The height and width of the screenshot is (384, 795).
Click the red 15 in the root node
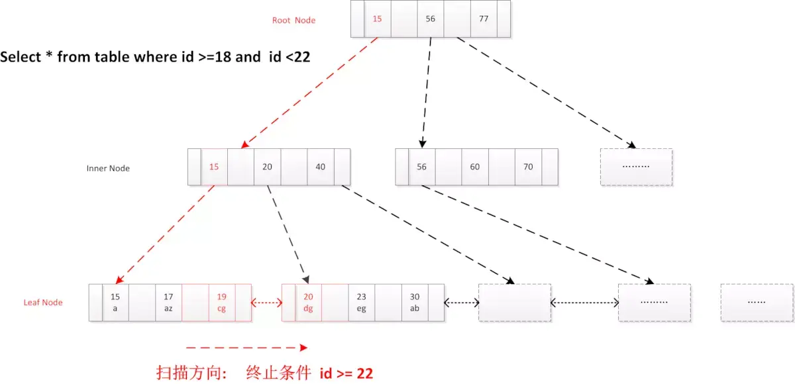[x=377, y=19]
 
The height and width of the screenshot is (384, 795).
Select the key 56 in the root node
[x=431, y=19]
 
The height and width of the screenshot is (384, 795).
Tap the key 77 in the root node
[x=484, y=19]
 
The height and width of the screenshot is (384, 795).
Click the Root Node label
[x=293, y=21]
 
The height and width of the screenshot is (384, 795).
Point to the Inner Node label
[x=108, y=168]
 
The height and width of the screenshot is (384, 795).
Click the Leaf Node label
[x=43, y=303]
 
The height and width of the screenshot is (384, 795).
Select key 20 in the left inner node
[x=267, y=167]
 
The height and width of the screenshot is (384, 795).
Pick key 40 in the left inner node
[x=321, y=167]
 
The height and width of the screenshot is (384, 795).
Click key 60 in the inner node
[x=475, y=167]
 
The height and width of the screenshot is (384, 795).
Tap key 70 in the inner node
[x=528, y=167]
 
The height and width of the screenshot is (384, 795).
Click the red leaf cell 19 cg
[x=221, y=303]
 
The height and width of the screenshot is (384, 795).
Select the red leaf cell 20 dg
[x=308, y=303]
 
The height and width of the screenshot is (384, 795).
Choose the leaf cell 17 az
[x=168, y=303]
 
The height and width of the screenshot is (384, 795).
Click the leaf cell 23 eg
[x=361, y=303]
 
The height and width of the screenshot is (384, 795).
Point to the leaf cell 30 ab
[x=415, y=303]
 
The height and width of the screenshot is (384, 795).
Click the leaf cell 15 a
[x=115, y=303]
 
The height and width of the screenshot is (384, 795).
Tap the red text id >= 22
[x=346, y=373]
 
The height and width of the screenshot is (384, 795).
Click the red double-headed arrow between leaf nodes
[x=267, y=303]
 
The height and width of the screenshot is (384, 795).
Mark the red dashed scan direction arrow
[x=246, y=347]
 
